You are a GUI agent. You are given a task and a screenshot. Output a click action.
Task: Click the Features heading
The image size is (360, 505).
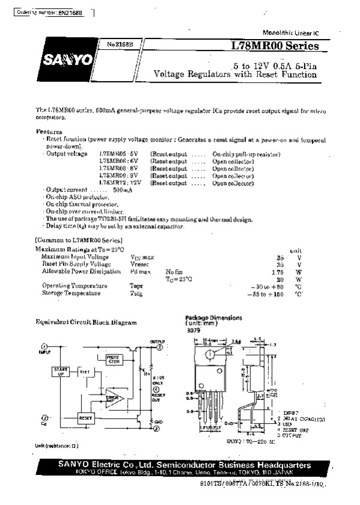(49, 131)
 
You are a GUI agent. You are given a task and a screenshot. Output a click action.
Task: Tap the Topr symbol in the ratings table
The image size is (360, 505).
(136, 286)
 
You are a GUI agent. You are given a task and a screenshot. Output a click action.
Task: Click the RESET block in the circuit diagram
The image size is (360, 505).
(86, 416)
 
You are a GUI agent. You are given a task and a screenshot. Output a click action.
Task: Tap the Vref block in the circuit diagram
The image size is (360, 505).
(85, 372)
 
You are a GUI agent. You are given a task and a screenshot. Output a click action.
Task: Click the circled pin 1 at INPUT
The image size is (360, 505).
(44, 347)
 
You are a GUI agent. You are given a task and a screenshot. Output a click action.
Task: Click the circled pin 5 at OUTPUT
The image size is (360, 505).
(160, 347)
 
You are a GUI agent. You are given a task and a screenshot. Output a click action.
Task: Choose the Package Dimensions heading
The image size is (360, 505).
(214, 318)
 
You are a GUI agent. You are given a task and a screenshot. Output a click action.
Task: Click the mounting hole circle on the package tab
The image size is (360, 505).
(209, 355)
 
